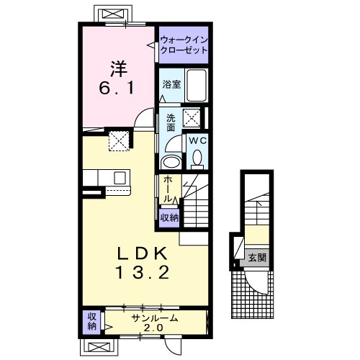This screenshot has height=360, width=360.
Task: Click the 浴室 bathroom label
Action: (171, 84)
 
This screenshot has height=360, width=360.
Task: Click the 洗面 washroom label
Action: (171, 122)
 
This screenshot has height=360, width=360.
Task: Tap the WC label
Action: (198, 141)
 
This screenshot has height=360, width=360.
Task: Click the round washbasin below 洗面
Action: (171, 161)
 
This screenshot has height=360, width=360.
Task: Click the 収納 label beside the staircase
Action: (169, 217)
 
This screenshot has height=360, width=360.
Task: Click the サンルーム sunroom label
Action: (154, 318)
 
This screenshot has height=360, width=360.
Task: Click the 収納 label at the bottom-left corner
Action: (91, 322)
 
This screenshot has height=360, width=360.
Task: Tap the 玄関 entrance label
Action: (257, 257)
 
